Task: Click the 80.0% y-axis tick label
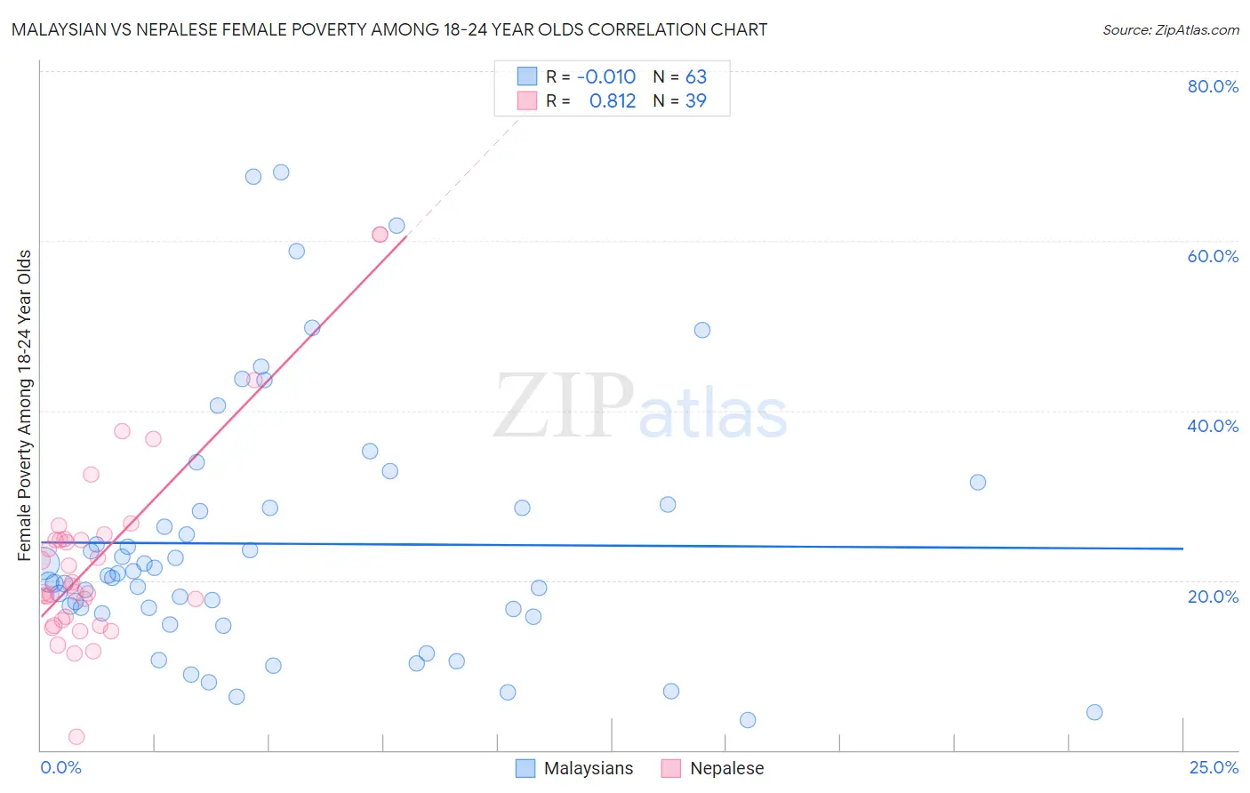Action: pyautogui.click(x=1213, y=86)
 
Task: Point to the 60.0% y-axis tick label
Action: pyautogui.click(x=1213, y=256)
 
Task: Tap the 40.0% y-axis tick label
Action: pyautogui.click(x=1213, y=426)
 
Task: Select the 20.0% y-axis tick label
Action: pyautogui.click(x=1213, y=597)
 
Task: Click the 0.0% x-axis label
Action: pyautogui.click(x=60, y=767)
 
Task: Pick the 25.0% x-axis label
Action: pyautogui.click(x=1214, y=767)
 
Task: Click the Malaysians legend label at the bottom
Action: pyautogui.click(x=589, y=768)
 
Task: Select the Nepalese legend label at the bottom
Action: pyautogui.click(x=726, y=768)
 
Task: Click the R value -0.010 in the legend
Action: pyautogui.click(x=606, y=76)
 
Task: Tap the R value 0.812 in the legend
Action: pyautogui.click(x=613, y=100)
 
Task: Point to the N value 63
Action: pyautogui.click(x=696, y=76)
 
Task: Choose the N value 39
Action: pyautogui.click(x=696, y=100)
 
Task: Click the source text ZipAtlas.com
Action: pyautogui.click(x=1197, y=30)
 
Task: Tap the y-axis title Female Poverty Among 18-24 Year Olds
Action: pyautogui.click(x=25, y=405)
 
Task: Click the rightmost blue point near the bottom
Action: pyautogui.click(x=1094, y=712)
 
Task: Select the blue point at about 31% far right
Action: pyautogui.click(x=978, y=482)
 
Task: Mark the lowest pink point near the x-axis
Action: pyautogui.click(x=76, y=736)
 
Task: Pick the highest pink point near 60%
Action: pyautogui.click(x=380, y=234)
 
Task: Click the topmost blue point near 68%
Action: pyautogui.click(x=281, y=172)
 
